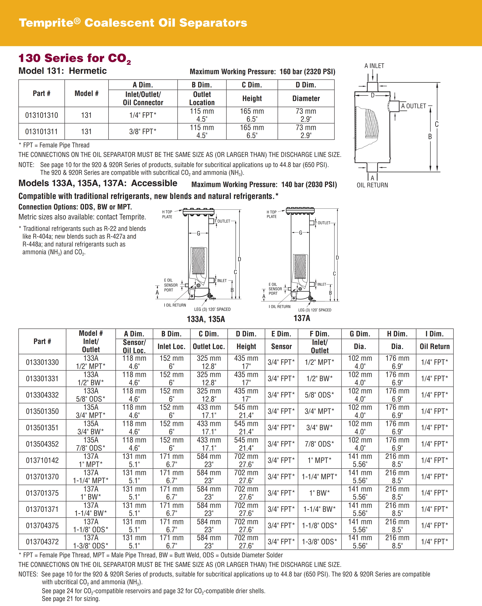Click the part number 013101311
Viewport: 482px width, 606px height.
[x=42, y=132]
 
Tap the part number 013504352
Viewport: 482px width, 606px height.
[x=42, y=444]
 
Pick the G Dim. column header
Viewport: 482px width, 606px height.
[x=360, y=334]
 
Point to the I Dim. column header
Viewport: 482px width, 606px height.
[x=434, y=334]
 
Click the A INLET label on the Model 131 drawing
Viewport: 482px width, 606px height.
[x=374, y=66]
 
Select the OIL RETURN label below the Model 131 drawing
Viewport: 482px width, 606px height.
[x=372, y=185]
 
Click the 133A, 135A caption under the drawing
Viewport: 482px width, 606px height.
[x=206, y=319]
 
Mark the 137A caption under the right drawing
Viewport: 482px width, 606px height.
[x=302, y=318]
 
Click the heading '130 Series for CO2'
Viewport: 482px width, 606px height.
[x=75, y=58]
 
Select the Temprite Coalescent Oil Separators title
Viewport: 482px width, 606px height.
[x=133, y=23]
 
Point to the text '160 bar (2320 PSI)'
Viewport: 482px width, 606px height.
[x=307, y=72]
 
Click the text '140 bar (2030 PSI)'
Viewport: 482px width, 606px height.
[x=309, y=185]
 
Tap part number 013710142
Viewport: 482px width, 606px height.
[x=42, y=460]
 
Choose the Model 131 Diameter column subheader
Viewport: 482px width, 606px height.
[x=306, y=98]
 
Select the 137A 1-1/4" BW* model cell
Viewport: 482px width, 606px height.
[x=91, y=509]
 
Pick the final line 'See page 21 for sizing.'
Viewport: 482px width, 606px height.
[x=71, y=599]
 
